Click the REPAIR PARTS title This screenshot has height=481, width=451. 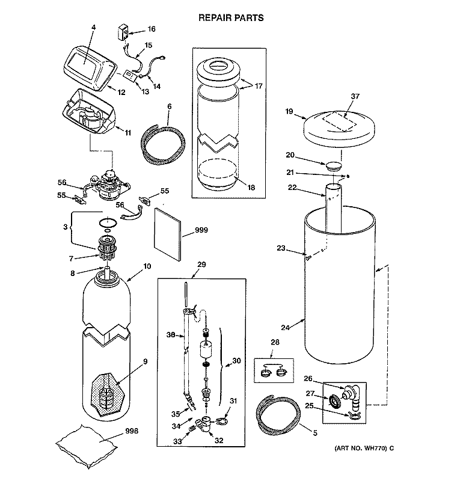tap(231, 18)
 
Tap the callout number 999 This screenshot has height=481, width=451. tap(201, 230)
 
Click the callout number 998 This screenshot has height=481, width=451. tap(132, 431)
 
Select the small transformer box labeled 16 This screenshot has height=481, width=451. tap(123, 32)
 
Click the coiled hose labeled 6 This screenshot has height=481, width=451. tap(163, 144)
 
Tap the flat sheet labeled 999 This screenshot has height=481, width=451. tap(168, 234)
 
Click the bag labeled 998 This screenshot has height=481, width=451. tap(87, 446)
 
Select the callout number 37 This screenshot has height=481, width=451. tap(355, 96)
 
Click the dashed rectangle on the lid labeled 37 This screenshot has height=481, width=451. tap(339, 121)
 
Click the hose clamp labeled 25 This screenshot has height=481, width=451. tap(354, 415)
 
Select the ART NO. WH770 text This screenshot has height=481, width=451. tap(364, 448)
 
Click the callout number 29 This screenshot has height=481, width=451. tap(201, 265)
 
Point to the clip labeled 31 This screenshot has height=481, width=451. tap(222, 421)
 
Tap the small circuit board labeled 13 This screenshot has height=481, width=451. tap(129, 75)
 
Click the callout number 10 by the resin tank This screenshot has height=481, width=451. tap(147, 266)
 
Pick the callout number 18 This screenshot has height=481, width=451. tap(251, 188)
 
